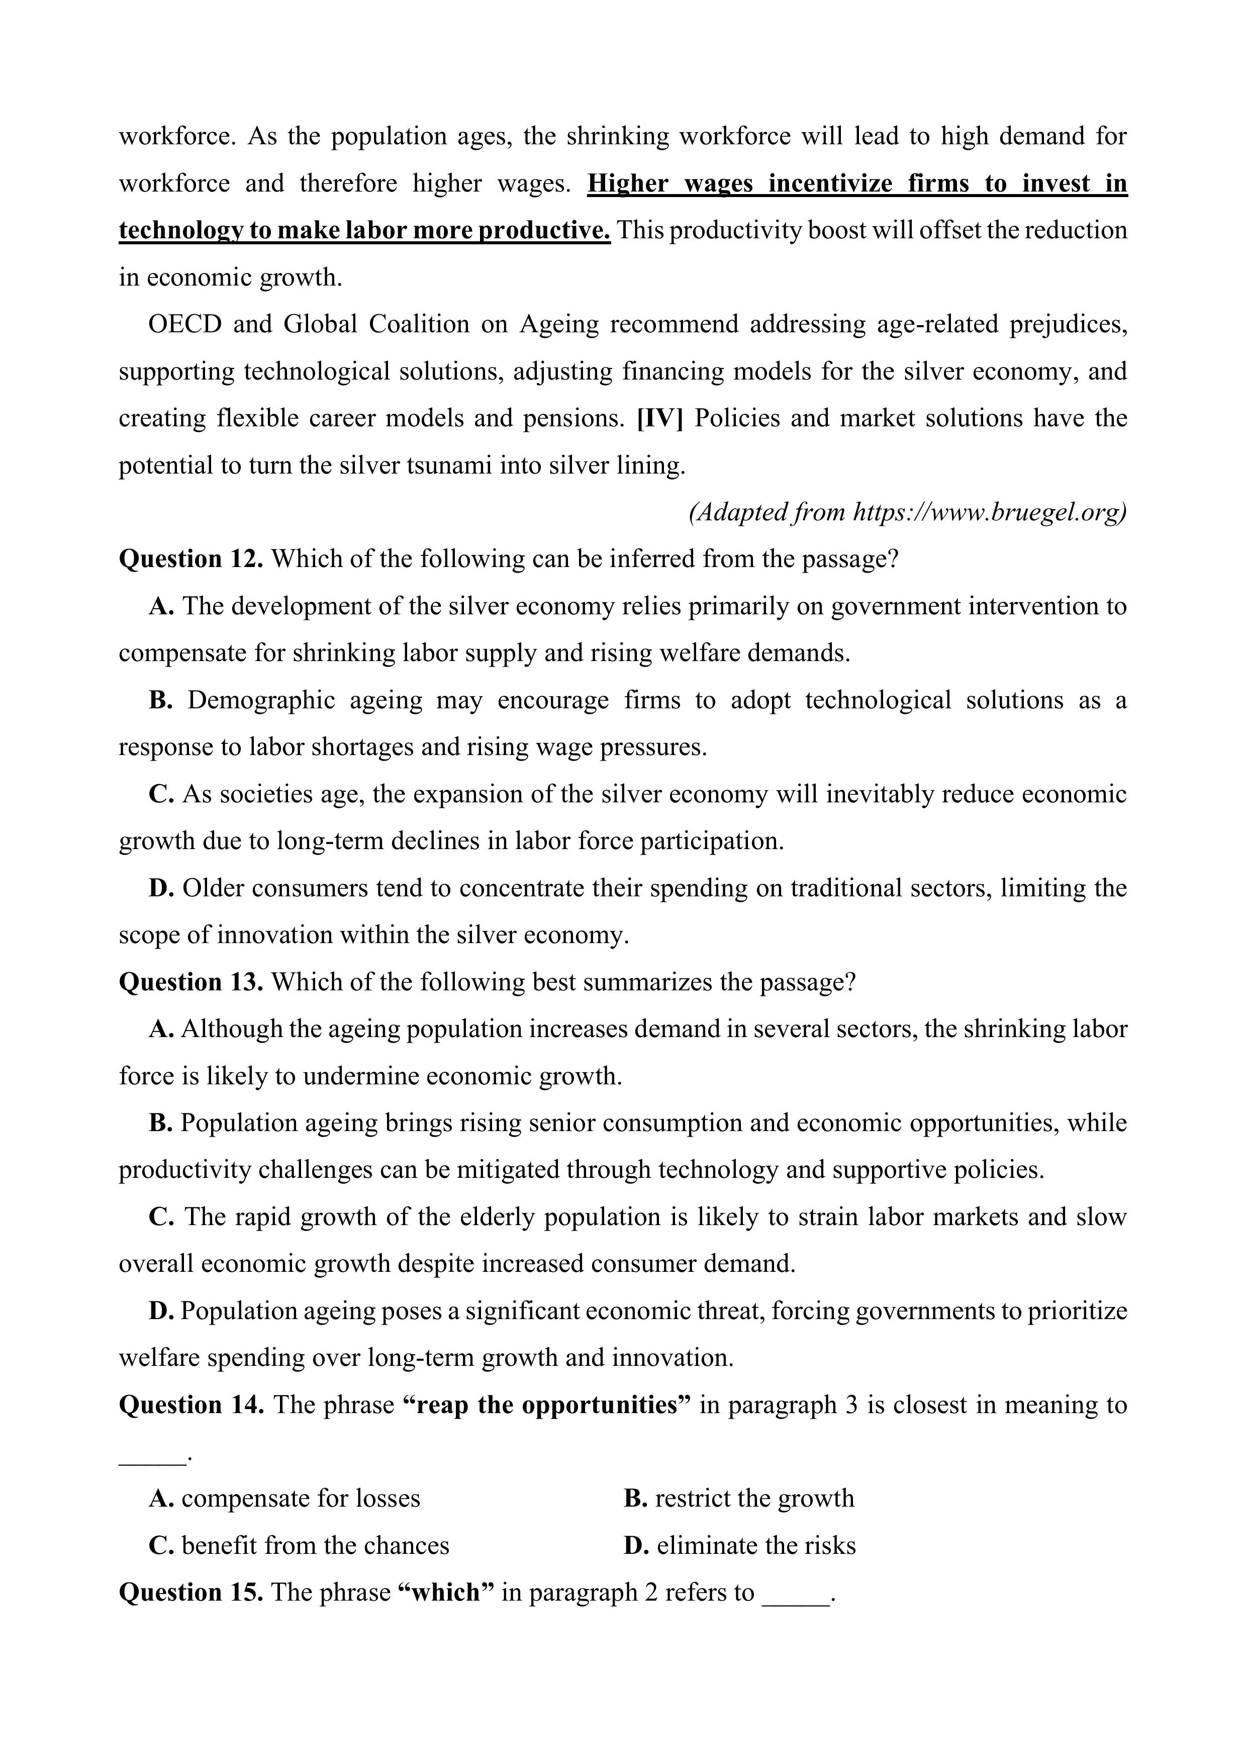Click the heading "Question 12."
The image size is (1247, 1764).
click(x=190, y=560)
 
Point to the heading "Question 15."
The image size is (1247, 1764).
click(x=190, y=1592)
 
